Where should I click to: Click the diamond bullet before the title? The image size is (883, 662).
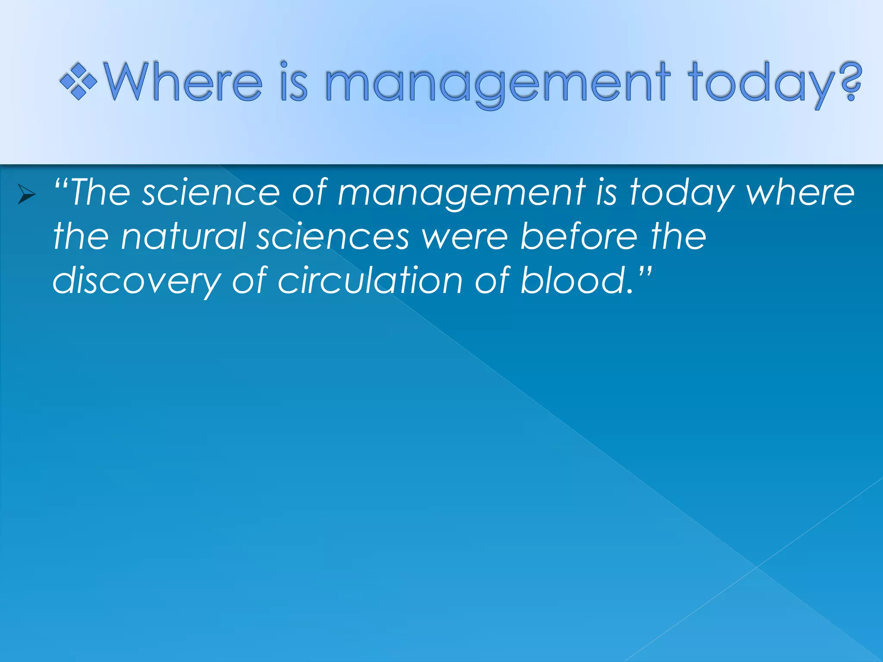[78, 81]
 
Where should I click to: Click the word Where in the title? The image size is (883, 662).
[183, 81]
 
